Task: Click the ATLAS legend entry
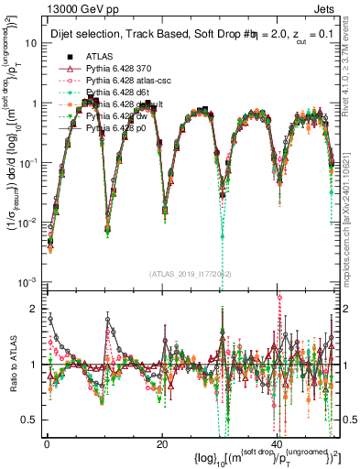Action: [97, 57]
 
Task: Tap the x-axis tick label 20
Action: [162, 443]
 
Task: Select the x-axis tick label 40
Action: [278, 443]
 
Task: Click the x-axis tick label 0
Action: [47, 443]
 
